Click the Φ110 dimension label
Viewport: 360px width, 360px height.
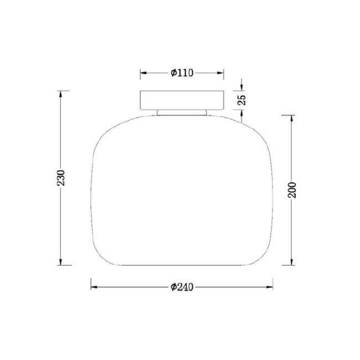pos(182,73)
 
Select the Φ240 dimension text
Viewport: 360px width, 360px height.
pos(182,287)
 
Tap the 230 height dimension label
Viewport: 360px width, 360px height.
pos(61,178)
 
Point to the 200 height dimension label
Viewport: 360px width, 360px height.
pos(292,190)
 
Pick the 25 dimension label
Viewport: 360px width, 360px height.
pos(241,100)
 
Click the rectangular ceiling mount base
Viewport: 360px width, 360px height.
pos(182,100)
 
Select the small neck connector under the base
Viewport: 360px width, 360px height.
pos(182,112)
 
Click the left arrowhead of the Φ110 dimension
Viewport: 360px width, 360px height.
pos(143,73)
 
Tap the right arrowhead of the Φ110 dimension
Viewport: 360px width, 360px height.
pos(220,73)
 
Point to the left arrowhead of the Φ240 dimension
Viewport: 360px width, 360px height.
pos(94,287)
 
